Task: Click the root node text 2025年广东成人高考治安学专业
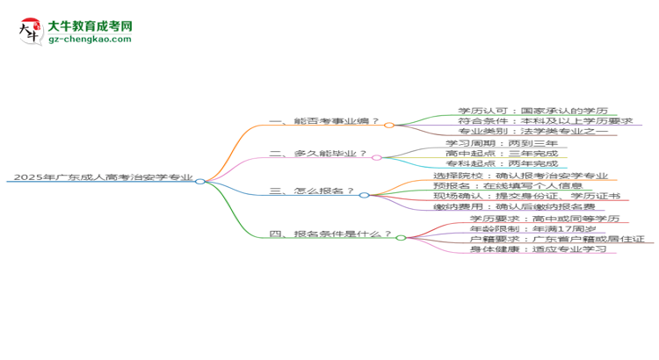click(104, 176)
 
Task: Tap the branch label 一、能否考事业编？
click(324, 121)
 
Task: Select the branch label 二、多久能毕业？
click(318, 154)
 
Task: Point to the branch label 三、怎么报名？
click(311, 191)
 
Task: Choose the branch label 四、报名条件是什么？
click(330, 234)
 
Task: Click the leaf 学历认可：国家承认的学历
click(533, 111)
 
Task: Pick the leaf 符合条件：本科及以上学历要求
click(546, 121)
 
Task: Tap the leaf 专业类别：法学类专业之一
click(533, 131)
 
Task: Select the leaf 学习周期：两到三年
click(502, 143)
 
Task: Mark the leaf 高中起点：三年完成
click(502, 154)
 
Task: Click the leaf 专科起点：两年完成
click(502, 163)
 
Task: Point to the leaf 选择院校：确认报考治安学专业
click(521, 176)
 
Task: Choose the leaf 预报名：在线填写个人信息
click(508, 185)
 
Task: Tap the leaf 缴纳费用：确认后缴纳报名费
click(514, 206)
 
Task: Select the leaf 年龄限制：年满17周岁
click(533, 229)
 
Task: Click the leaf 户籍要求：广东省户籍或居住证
click(557, 239)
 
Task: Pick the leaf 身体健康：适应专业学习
click(539, 249)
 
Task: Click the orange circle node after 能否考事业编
click(389, 126)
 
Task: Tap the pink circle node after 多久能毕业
click(377, 157)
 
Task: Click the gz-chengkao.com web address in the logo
click(90, 39)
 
